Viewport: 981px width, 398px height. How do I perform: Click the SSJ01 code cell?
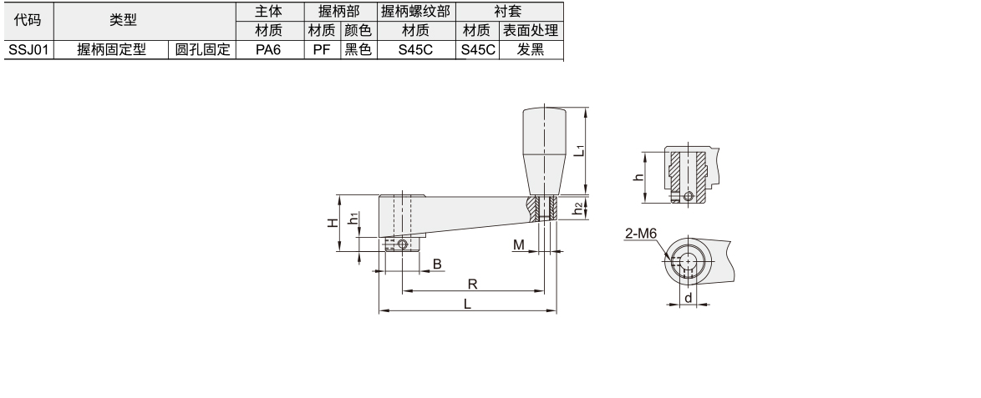(28, 50)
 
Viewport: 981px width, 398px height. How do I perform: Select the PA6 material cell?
(270, 50)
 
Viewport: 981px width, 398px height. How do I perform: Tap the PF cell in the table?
(323, 50)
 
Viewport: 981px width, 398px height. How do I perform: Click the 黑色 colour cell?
(358, 50)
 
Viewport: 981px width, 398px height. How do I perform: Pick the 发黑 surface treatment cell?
(531, 50)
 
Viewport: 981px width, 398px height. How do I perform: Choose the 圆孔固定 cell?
(202, 50)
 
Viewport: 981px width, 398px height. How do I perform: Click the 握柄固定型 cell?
(111, 50)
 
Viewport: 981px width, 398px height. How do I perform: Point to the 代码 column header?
(28, 21)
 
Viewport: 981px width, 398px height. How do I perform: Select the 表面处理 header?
(531, 30)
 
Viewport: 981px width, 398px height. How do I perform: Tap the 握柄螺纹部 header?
(416, 11)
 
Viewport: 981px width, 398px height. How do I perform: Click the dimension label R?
(472, 285)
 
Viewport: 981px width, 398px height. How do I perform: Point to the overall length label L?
(467, 305)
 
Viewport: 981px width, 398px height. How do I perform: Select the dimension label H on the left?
(333, 223)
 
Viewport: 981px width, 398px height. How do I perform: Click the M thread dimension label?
(519, 245)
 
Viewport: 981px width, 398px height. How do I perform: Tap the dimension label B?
(437, 264)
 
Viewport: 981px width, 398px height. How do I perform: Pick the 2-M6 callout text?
(641, 234)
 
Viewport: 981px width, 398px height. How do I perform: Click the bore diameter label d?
(689, 298)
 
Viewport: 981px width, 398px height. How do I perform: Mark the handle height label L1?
(579, 150)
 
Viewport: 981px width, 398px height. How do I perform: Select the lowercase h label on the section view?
(638, 177)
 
